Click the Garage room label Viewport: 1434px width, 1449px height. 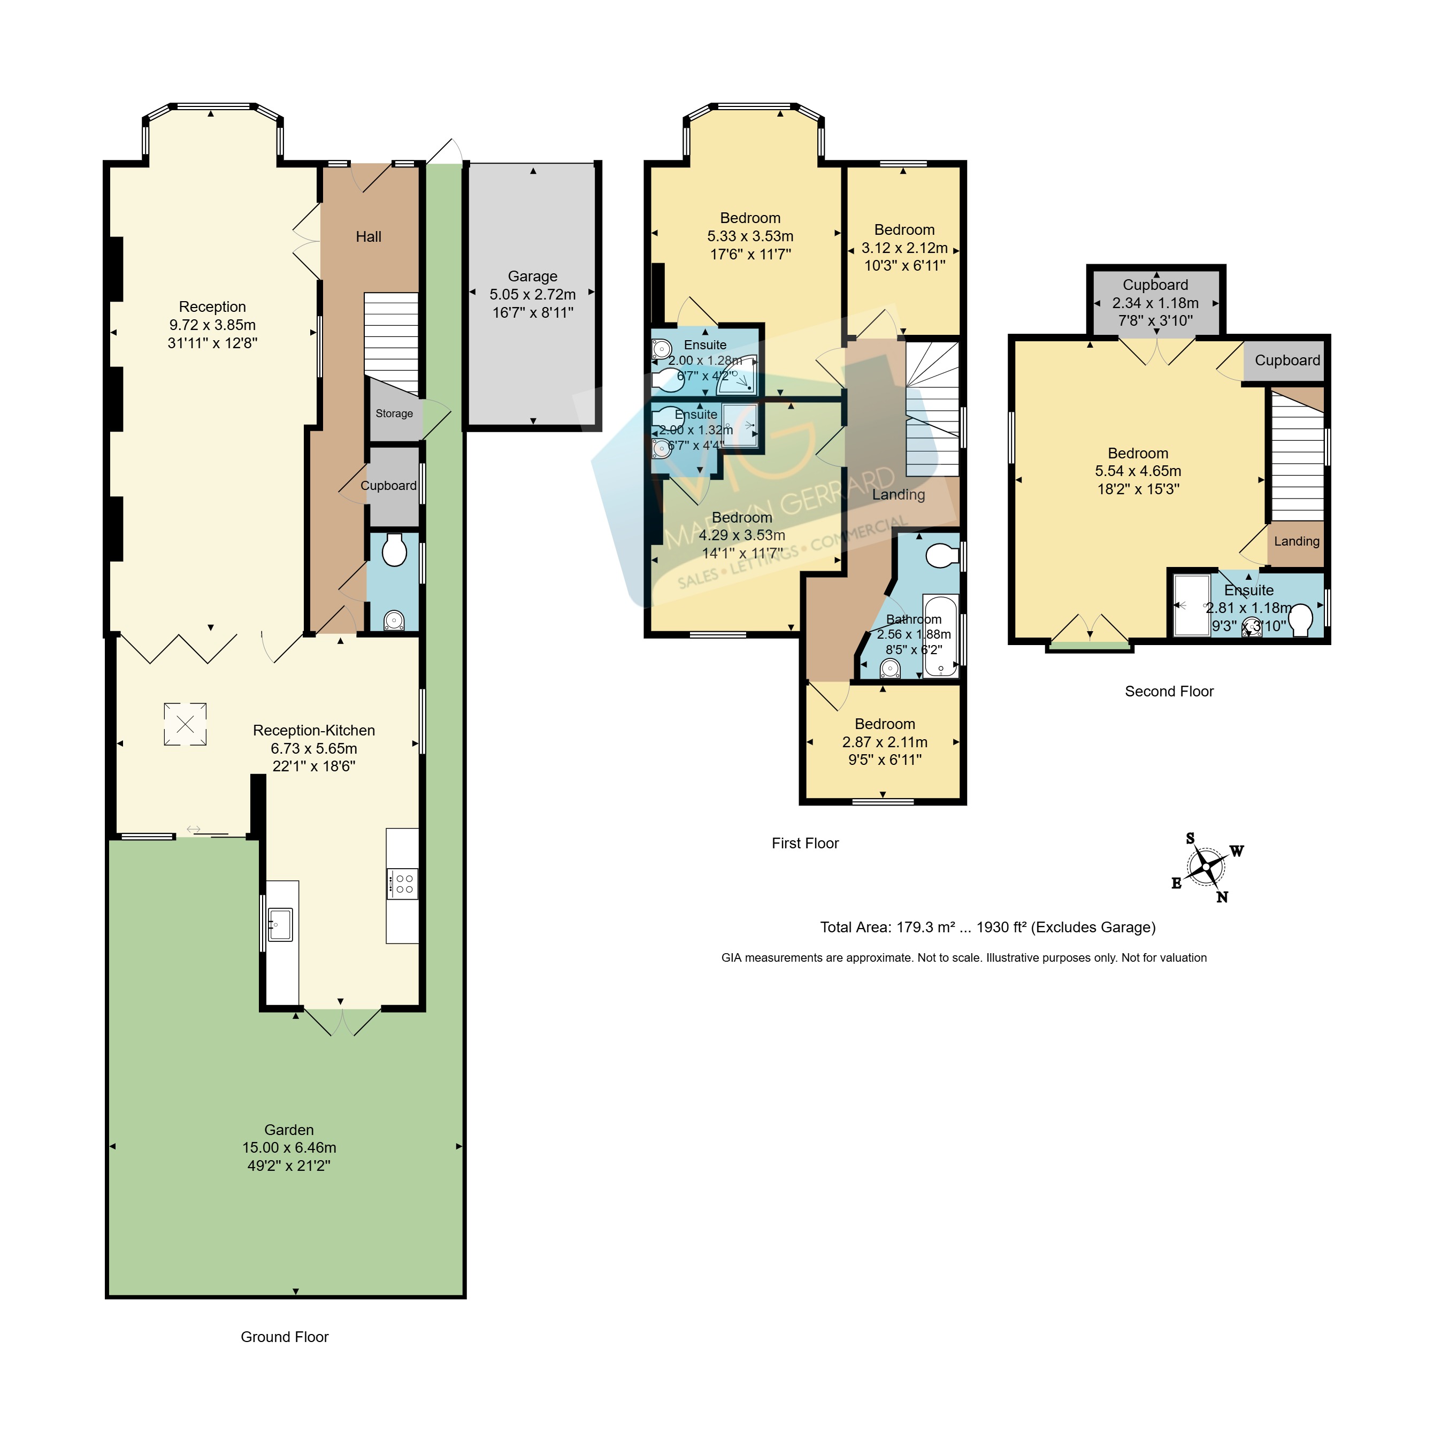[533, 276]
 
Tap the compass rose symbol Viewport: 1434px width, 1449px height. [1207, 867]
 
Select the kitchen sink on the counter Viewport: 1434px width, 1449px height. [280, 924]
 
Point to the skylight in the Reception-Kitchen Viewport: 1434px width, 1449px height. [185, 724]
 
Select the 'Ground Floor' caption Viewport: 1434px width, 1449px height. [285, 1337]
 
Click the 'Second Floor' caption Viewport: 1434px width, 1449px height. [1169, 692]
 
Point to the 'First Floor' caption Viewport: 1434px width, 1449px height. [806, 843]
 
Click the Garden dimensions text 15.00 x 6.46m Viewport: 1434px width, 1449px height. [289, 1147]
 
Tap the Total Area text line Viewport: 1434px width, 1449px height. [988, 927]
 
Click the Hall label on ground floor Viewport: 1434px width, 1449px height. [368, 237]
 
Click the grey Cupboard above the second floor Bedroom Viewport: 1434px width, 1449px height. [1156, 302]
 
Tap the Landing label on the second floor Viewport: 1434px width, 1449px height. [1297, 541]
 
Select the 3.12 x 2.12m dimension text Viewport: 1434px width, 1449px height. [904, 248]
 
